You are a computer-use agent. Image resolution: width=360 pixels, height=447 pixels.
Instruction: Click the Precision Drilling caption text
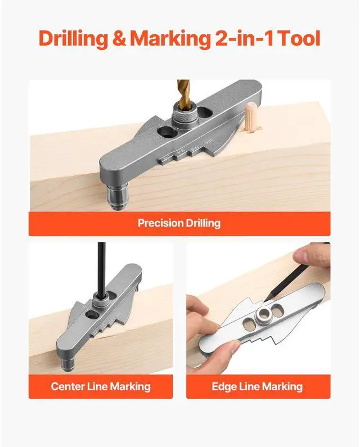pos(179,223)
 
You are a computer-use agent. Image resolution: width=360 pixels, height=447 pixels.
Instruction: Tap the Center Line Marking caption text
pos(101,386)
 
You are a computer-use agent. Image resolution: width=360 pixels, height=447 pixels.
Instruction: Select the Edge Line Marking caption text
pos(257,386)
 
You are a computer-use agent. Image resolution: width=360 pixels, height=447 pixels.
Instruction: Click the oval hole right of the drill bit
pos(206,114)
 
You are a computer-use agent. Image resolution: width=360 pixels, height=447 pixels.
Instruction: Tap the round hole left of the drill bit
pos(166,133)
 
